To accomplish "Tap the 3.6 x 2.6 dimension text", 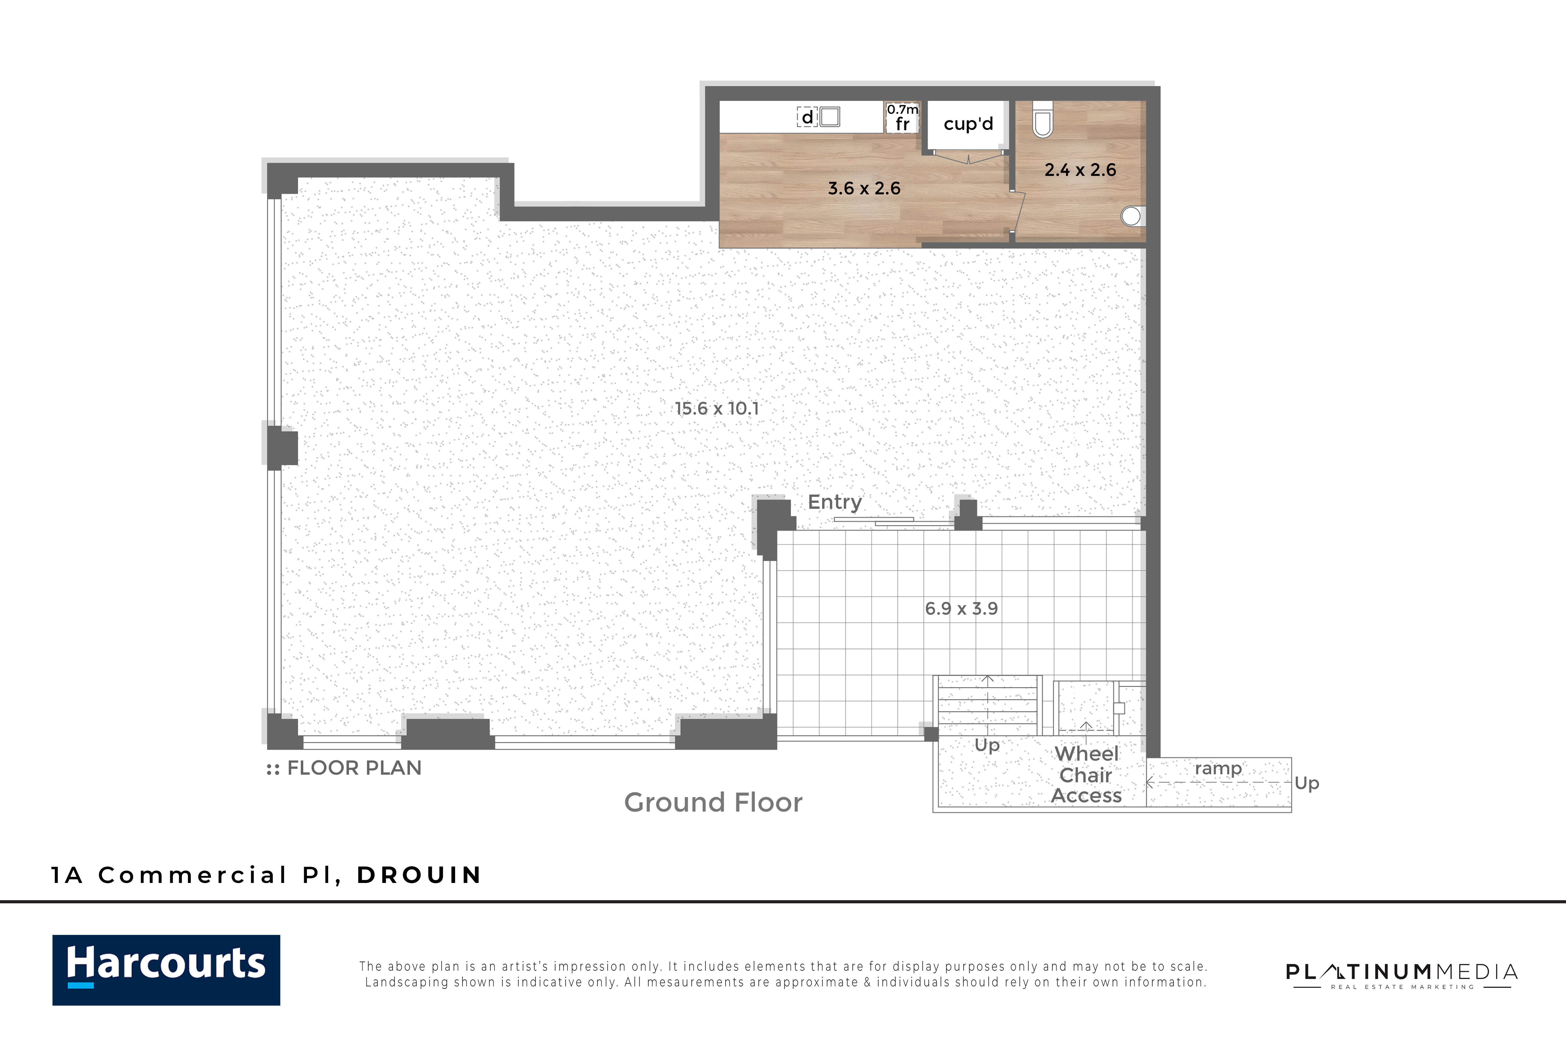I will [864, 188].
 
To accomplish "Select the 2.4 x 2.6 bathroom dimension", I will [1080, 170].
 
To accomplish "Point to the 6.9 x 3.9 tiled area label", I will [961, 609].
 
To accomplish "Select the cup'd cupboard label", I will [968, 124].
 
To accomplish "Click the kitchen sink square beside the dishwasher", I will [830, 117].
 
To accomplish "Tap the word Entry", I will [834, 502].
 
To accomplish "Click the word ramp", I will [1218, 768].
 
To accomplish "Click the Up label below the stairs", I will [987, 745].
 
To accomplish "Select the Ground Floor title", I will [713, 802].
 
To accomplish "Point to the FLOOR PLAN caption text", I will [354, 768].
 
